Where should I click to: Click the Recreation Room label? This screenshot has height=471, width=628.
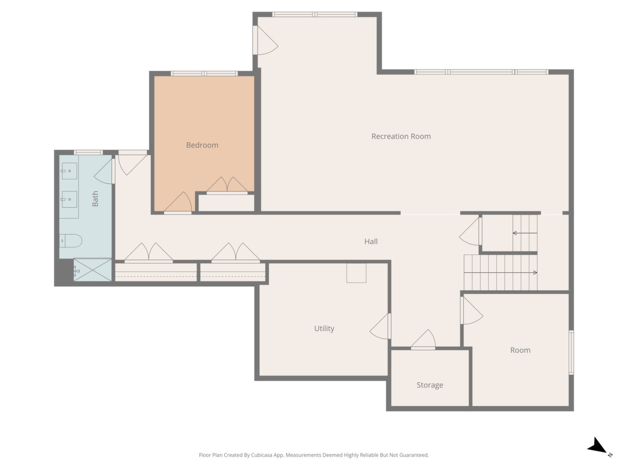tap(401, 136)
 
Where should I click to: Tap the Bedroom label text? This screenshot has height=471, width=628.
tap(202, 145)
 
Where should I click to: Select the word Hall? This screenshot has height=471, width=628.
tap(371, 242)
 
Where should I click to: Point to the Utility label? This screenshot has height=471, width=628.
tap(324, 329)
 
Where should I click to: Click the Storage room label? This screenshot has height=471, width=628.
tap(430, 385)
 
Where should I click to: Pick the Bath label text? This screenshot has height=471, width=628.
tap(95, 199)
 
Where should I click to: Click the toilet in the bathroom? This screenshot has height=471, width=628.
tap(71, 241)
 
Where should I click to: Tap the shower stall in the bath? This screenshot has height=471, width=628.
tap(92, 270)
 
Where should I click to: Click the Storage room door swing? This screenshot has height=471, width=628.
tap(423, 340)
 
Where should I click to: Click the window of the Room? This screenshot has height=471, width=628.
tap(571, 352)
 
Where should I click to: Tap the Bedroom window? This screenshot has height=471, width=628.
tap(204, 74)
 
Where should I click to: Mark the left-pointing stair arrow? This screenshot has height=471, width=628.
tap(524, 233)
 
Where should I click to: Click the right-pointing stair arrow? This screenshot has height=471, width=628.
tap(500, 272)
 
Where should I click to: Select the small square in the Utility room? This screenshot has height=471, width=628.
tap(356, 273)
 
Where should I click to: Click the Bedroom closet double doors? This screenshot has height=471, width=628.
tap(227, 185)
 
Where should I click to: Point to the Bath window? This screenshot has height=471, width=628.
tap(88, 152)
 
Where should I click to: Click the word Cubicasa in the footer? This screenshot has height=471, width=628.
tap(262, 455)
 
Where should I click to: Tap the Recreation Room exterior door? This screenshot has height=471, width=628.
tap(264, 40)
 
